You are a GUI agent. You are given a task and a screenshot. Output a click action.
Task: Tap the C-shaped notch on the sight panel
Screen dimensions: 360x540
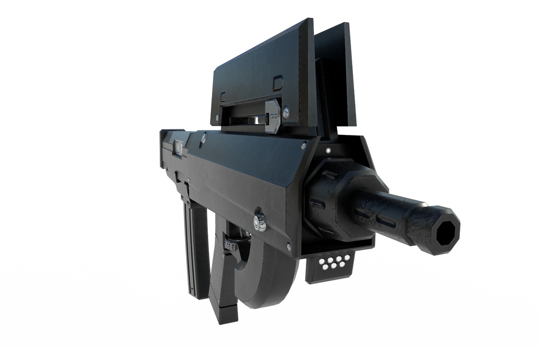[223, 96]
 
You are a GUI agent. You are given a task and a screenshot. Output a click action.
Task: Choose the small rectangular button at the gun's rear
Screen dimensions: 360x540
[178, 149]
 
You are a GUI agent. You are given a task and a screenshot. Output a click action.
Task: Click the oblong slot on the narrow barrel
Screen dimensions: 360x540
[387, 222]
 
